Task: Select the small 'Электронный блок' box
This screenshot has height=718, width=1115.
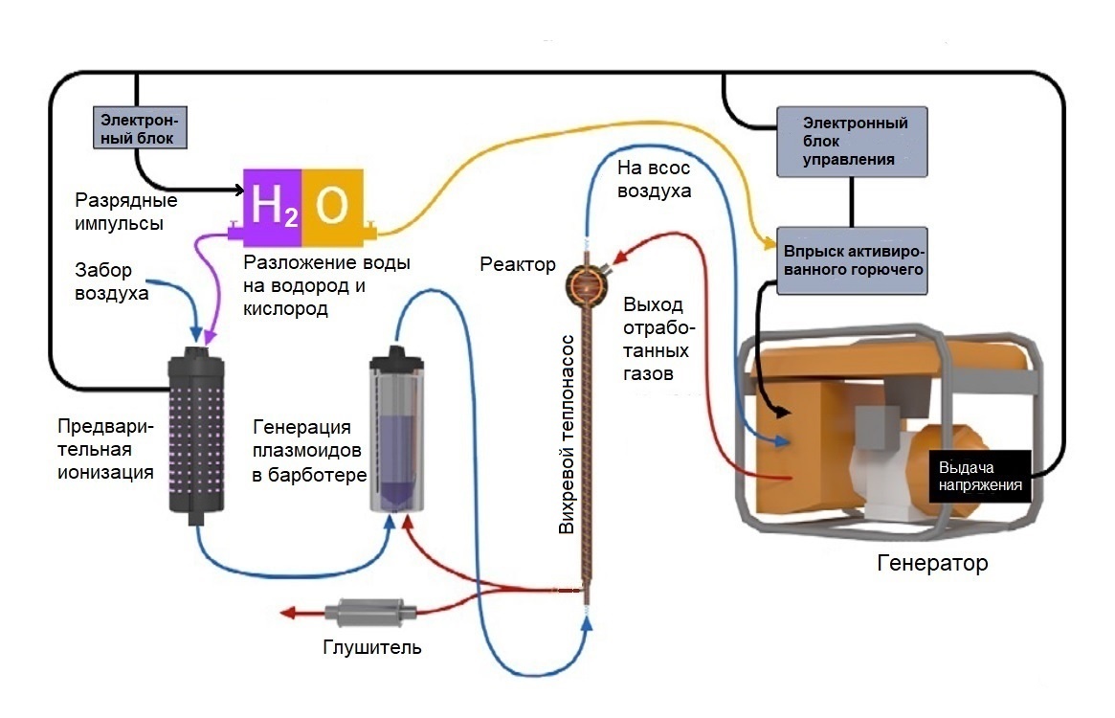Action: pos(139,127)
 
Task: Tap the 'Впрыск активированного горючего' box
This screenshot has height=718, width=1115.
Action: pos(853,259)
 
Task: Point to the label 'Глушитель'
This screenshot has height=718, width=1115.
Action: pos(371,648)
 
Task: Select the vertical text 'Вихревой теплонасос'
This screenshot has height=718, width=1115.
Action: pos(567,434)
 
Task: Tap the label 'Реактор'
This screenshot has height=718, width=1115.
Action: pos(518,264)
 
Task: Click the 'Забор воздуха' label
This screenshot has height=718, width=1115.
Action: pos(111,281)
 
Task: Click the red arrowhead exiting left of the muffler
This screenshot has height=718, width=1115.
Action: pos(284,614)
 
